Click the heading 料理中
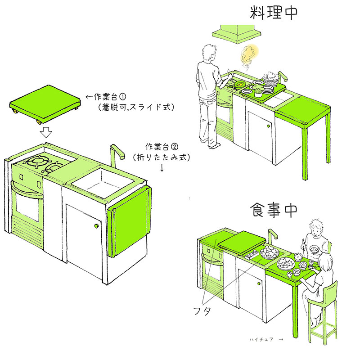click(274, 13)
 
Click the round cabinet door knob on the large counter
click(96, 226)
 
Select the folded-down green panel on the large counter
click(129, 220)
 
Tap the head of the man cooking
click(210, 54)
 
